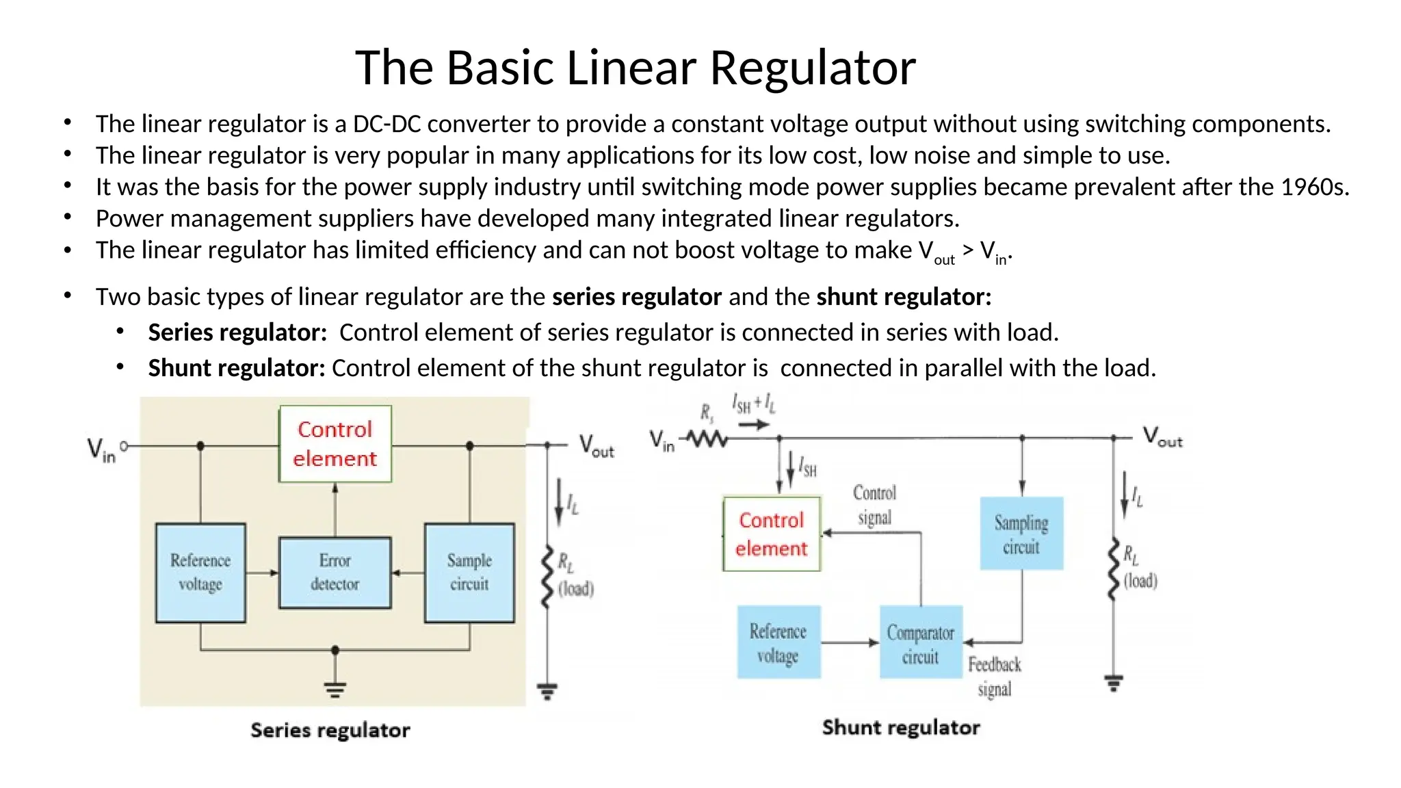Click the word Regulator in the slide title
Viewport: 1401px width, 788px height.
pyautogui.click(x=813, y=68)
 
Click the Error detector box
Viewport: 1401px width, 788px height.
pyautogui.click(x=335, y=573)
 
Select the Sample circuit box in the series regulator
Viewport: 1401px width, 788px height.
pyautogui.click(x=469, y=573)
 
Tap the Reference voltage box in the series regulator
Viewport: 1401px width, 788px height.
pyautogui.click(x=200, y=573)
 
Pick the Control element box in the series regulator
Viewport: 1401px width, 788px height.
pyautogui.click(x=335, y=444)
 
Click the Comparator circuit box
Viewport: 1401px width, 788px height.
pyautogui.click(x=920, y=642)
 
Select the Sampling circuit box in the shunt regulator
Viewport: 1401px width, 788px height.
pyautogui.click(x=1021, y=534)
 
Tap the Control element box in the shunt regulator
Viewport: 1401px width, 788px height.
pyautogui.click(x=772, y=534)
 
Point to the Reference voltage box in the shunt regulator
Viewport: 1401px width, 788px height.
pyautogui.click(x=778, y=642)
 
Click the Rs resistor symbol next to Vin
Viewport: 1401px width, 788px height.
pyautogui.click(x=707, y=438)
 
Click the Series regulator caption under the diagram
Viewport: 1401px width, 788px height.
pyautogui.click(x=330, y=731)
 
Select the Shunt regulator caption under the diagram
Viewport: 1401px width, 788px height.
pyautogui.click(x=901, y=727)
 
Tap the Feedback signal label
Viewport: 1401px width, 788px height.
pyautogui.click(x=994, y=676)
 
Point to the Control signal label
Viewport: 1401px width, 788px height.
pyautogui.click(x=874, y=505)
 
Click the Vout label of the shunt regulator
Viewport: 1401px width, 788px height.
pyautogui.click(x=1162, y=436)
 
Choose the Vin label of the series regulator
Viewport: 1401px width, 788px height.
pyautogui.click(x=101, y=450)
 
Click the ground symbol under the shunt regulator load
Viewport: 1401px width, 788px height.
pyautogui.click(x=1113, y=682)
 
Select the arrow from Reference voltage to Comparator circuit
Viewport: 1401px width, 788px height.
pyautogui.click(x=850, y=642)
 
